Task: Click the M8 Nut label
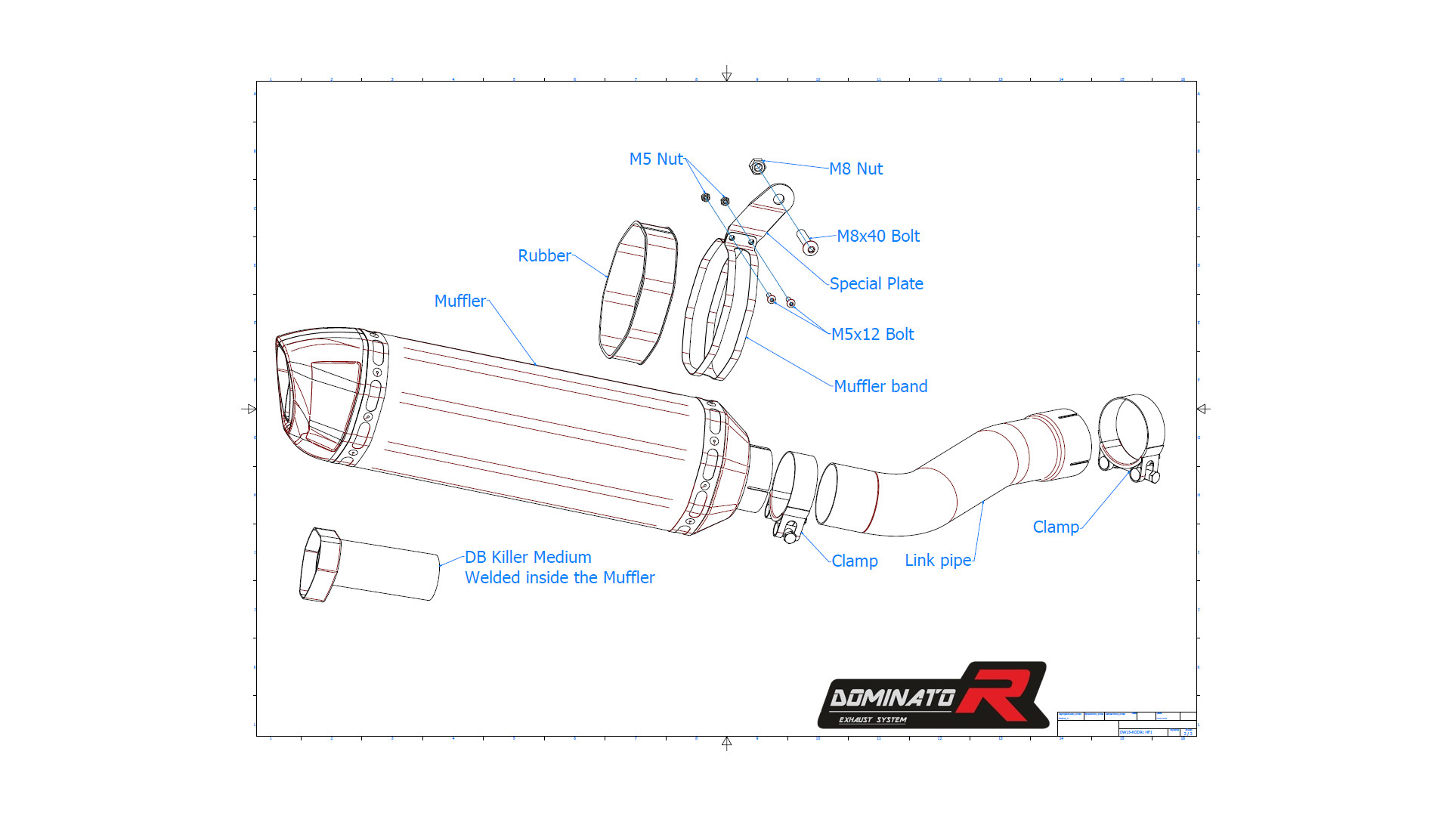pos(855,169)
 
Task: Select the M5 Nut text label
pos(656,159)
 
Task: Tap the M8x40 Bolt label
pos(878,236)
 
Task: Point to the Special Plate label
pos(876,284)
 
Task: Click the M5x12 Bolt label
pos(872,335)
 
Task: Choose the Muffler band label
pos(880,387)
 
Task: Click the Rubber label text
pos(544,256)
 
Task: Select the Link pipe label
pos(938,561)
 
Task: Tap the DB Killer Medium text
pos(527,558)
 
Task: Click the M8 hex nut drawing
pos(757,165)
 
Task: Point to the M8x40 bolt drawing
pos(807,243)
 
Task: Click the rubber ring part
pos(637,292)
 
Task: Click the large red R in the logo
pos(1001,691)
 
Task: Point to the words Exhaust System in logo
pos(872,720)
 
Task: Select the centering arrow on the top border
pos(726,73)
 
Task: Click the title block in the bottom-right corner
pos(1126,723)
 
